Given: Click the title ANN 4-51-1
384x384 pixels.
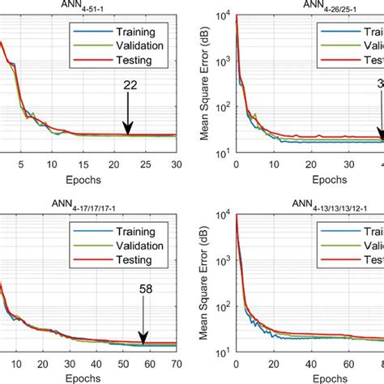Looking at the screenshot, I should click(88, 6).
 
